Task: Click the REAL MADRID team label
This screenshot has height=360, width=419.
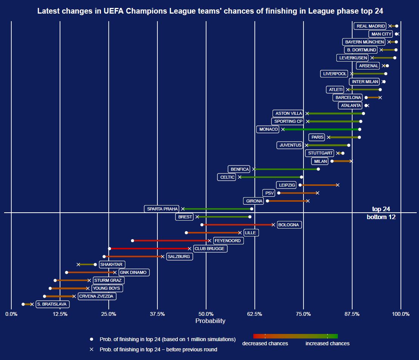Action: (370, 26)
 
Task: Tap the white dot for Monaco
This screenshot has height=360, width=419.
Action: (359, 129)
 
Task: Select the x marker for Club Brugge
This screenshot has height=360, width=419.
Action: (189, 249)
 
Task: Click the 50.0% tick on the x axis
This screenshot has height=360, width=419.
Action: (206, 314)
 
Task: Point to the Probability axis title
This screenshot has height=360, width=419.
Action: (210, 321)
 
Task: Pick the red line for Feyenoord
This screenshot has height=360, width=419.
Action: (171, 241)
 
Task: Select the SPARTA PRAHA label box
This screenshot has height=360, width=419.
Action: (162, 209)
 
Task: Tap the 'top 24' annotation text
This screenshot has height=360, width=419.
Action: (380, 209)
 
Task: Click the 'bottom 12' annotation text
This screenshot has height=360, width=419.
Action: (380, 217)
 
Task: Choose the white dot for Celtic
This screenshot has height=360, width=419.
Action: (301, 177)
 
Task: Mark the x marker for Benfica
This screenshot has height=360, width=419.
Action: (254, 169)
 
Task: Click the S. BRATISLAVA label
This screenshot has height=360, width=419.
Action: (52, 304)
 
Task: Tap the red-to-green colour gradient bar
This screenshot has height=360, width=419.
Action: (295, 336)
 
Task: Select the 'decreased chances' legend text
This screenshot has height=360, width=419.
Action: (265, 343)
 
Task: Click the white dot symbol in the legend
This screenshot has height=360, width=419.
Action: (91, 339)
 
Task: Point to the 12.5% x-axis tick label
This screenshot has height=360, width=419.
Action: (60, 314)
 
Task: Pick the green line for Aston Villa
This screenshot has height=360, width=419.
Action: (335, 113)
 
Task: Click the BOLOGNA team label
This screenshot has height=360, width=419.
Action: (289, 225)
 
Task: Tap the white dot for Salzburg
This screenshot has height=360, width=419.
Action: (104, 256)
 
